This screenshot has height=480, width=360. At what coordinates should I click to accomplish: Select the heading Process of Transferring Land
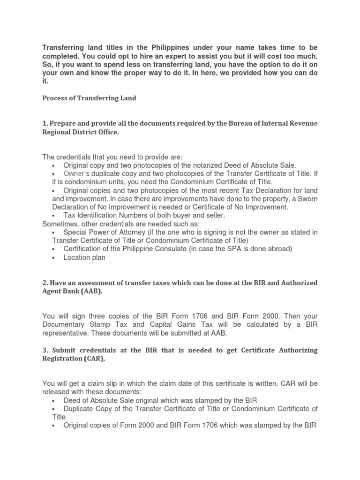tap(89, 98)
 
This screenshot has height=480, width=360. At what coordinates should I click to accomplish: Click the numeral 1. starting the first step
tap(45, 123)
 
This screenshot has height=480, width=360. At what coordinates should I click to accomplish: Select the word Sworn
tap(306, 198)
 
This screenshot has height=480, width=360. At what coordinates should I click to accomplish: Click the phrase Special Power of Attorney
tap(112, 232)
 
